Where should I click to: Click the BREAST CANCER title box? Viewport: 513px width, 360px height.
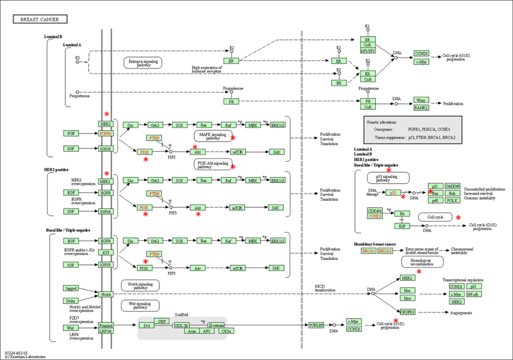click(40, 19)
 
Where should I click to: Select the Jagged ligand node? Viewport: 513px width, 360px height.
click(71, 288)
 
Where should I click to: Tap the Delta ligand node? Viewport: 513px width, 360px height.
click(71, 301)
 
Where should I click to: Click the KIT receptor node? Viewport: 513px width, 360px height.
click(106, 252)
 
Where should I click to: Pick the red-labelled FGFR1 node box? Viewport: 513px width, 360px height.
click(106, 133)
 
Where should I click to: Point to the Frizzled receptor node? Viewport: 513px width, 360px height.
click(106, 325)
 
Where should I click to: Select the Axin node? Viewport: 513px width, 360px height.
click(192, 331)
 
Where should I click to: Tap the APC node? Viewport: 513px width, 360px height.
click(208, 331)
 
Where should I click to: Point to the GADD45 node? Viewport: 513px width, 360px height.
click(452, 186)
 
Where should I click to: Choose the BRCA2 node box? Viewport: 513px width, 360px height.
click(385, 251)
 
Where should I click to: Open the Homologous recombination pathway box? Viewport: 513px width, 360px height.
click(422, 261)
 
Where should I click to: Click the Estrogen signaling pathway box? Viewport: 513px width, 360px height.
click(143, 63)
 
